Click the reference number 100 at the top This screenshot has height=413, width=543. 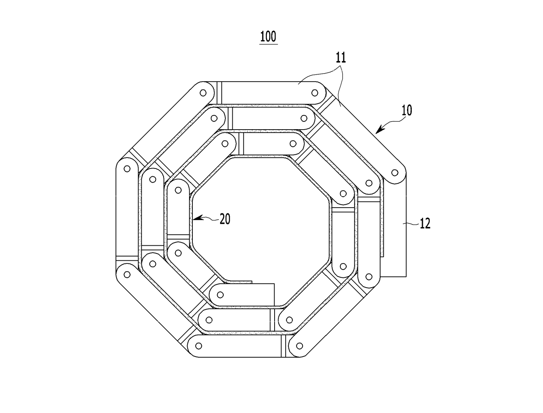click(268, 37)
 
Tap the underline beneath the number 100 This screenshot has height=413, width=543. click(268, 44)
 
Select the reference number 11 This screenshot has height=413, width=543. click(341, 57)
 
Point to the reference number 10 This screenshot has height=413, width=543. click(407, 110)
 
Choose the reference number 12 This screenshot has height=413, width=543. click(425, 223)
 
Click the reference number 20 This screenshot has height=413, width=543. click(225, 219)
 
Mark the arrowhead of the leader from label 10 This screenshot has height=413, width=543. click(379, 129)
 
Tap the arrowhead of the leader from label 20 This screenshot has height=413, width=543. click(197, 218)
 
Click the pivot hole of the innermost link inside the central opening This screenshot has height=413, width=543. click(220, 295)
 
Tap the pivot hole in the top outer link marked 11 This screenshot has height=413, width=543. click(315, 93)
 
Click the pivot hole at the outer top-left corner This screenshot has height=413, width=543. click(203, 93)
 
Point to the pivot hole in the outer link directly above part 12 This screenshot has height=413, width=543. click(395, 173)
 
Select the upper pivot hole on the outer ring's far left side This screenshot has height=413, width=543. click(127, 169)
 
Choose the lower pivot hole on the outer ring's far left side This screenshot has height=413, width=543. click(127, 275)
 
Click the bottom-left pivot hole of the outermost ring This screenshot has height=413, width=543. click(199, 346)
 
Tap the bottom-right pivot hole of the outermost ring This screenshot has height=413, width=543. click(299, 346)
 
